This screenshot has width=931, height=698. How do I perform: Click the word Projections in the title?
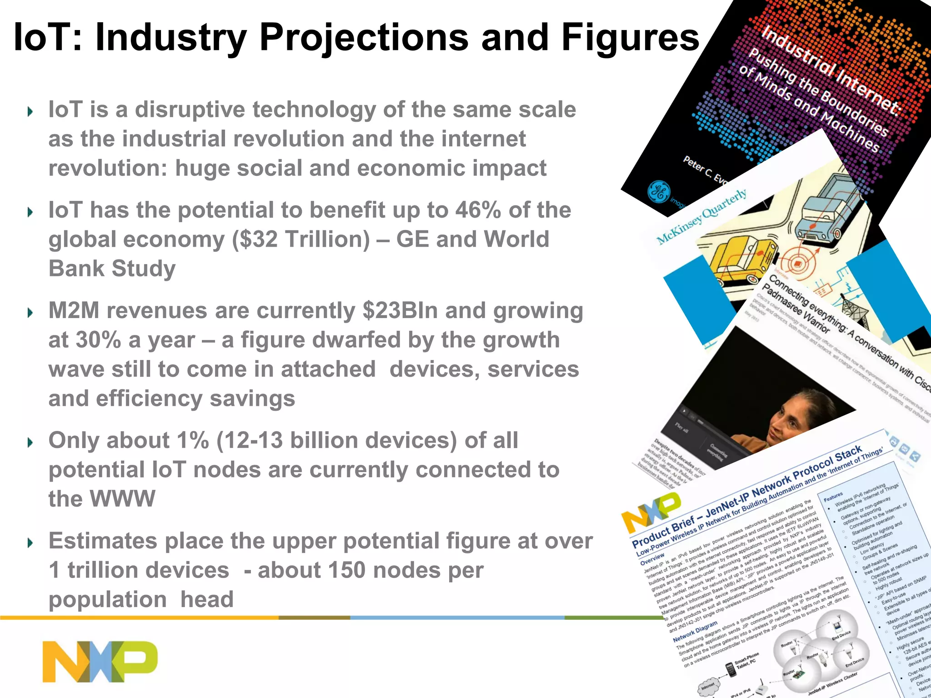click(364, 38)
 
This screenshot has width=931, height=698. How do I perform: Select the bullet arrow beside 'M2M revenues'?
click(30, 313)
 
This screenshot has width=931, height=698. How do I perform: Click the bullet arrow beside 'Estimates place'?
click(30, 543)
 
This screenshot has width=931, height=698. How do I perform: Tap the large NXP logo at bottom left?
click(100, 661)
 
